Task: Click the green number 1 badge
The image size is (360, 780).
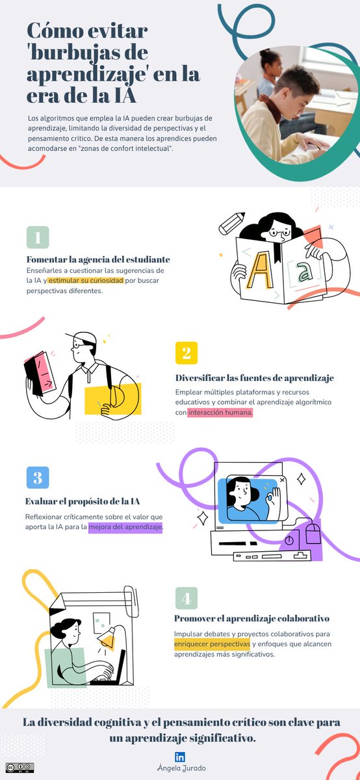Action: point(38,237)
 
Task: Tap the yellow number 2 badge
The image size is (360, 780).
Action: point(186,353)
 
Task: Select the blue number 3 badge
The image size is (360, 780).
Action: point(38,477)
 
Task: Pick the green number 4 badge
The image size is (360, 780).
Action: point(186,598)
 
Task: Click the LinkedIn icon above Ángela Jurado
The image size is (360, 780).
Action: point(180,757)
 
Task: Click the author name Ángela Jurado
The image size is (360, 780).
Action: point(180,769)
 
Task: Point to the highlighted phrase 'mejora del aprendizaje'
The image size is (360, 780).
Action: point(125,527)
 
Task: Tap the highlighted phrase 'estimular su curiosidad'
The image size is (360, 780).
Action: point(86,280)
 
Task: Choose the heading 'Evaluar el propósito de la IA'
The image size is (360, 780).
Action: point(83,501)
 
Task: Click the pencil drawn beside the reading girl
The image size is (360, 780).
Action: point(232,223)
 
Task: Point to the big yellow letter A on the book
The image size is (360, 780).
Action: point(260,270)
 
